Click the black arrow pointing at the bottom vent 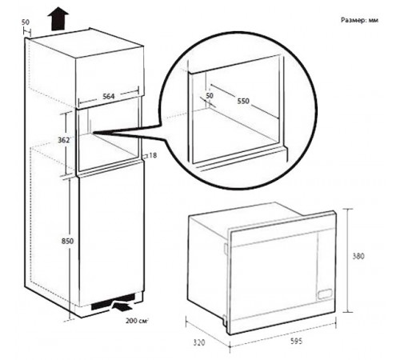click(x=122, y=306)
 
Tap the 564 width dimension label click(x=109, y=96)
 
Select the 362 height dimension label click(x=64, y=140)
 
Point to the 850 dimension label click(x=67, y=241)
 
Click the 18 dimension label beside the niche click(x=153, y=155)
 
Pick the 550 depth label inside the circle click(x=243, y=101)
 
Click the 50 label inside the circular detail click(x=210, y=95)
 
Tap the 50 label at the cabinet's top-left click(x=26, y=22)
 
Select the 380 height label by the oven click(x=358, y=256)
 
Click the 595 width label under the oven click(x=296, y=341)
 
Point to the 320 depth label click(x=199, y=342)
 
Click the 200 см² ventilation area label click(x=137, y=321)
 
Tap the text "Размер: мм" click(x=359, y=20)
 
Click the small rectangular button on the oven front click(x=325, y=294)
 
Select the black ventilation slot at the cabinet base click(x=113, y=302)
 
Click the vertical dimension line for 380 click(x=347, y=261)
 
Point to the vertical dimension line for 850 click(x=70, y=249)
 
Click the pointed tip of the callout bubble click(x=94, y=133)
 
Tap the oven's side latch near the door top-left click(x=226, y=249)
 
